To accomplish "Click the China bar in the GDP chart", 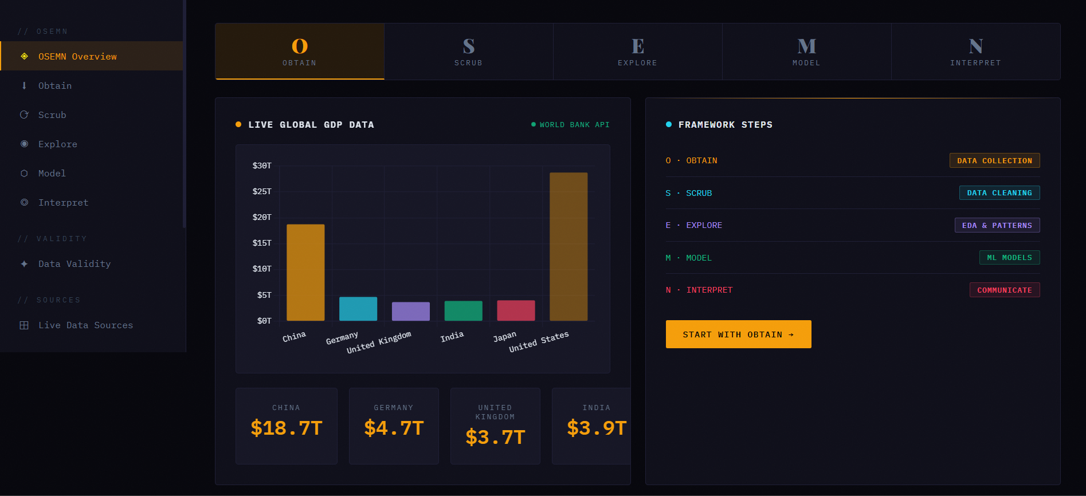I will [x=305, y=272].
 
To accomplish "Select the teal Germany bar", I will [x=358, y=308].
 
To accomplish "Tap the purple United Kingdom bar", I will [x=410, y=311].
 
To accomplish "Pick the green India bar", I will [x=463, y=310].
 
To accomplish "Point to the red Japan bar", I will [x=516, y=310].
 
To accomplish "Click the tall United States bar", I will [x=569, y=246].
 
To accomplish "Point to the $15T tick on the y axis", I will [x=262, y=243].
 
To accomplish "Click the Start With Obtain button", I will [x=738, y=334].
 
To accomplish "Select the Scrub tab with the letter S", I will [x=468, y=52].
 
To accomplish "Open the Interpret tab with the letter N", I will [x=975, y=52].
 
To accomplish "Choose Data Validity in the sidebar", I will [x=75, y=264].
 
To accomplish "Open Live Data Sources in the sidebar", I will [x=85, y=325].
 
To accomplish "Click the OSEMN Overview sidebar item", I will [x=77, y=56].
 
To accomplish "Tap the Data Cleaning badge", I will [x=999, y=193].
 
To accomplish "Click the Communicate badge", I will [x=1004, y=290].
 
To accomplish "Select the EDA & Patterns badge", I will [x=997, y=225].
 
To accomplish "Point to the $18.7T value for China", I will [x=287, y=428].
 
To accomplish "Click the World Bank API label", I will [x=574, y=125].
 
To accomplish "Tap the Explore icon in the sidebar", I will [x=24, y=144].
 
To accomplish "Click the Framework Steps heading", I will [x=725, y=125].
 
